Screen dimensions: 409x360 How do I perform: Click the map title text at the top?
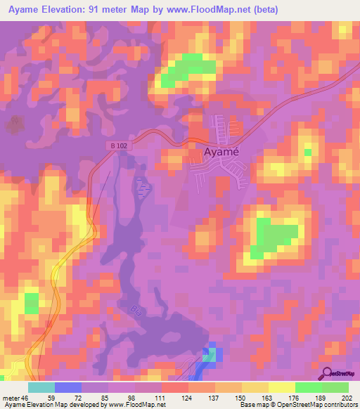point(140,10)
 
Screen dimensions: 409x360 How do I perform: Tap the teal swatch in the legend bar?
point(41,387)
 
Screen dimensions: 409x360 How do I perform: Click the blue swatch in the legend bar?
point(68,387)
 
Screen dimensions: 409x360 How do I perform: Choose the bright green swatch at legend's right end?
point(335,387)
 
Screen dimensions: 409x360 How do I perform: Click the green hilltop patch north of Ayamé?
point(188,69)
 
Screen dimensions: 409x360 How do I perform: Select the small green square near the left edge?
point(32,304)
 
